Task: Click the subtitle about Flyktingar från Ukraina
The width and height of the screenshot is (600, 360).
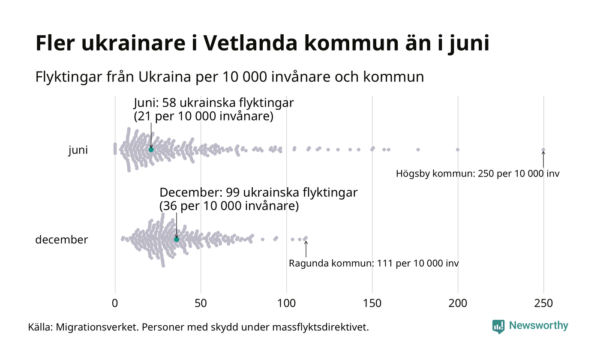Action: click(229, 77)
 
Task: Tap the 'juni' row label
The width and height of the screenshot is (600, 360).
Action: click(78, 150)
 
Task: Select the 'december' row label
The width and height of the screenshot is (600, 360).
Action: click(61, 240)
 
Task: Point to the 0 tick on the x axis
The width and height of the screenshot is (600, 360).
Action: click(115, 303)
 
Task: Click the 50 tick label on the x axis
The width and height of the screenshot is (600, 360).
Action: click(201, 303)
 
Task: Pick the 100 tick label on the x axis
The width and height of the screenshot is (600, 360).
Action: click(286, 303)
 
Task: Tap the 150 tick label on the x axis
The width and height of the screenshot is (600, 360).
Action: click(372, 303)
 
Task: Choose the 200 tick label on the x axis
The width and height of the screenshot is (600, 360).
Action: click(458, 303)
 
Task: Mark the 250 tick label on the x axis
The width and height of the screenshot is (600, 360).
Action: click(543, 303)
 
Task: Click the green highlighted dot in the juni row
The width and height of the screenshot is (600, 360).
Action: click(151, 150)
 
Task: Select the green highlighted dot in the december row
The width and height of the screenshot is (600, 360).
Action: click(177, 239)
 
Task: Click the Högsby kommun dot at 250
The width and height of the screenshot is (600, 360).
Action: click(543, 150)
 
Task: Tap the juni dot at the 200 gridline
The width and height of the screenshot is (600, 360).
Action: click(458, 150)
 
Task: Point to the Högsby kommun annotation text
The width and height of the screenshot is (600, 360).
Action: click(477, 174)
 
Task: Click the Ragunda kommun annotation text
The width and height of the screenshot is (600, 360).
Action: click(374, 263)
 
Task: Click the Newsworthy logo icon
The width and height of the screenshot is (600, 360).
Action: click(498, 326)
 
